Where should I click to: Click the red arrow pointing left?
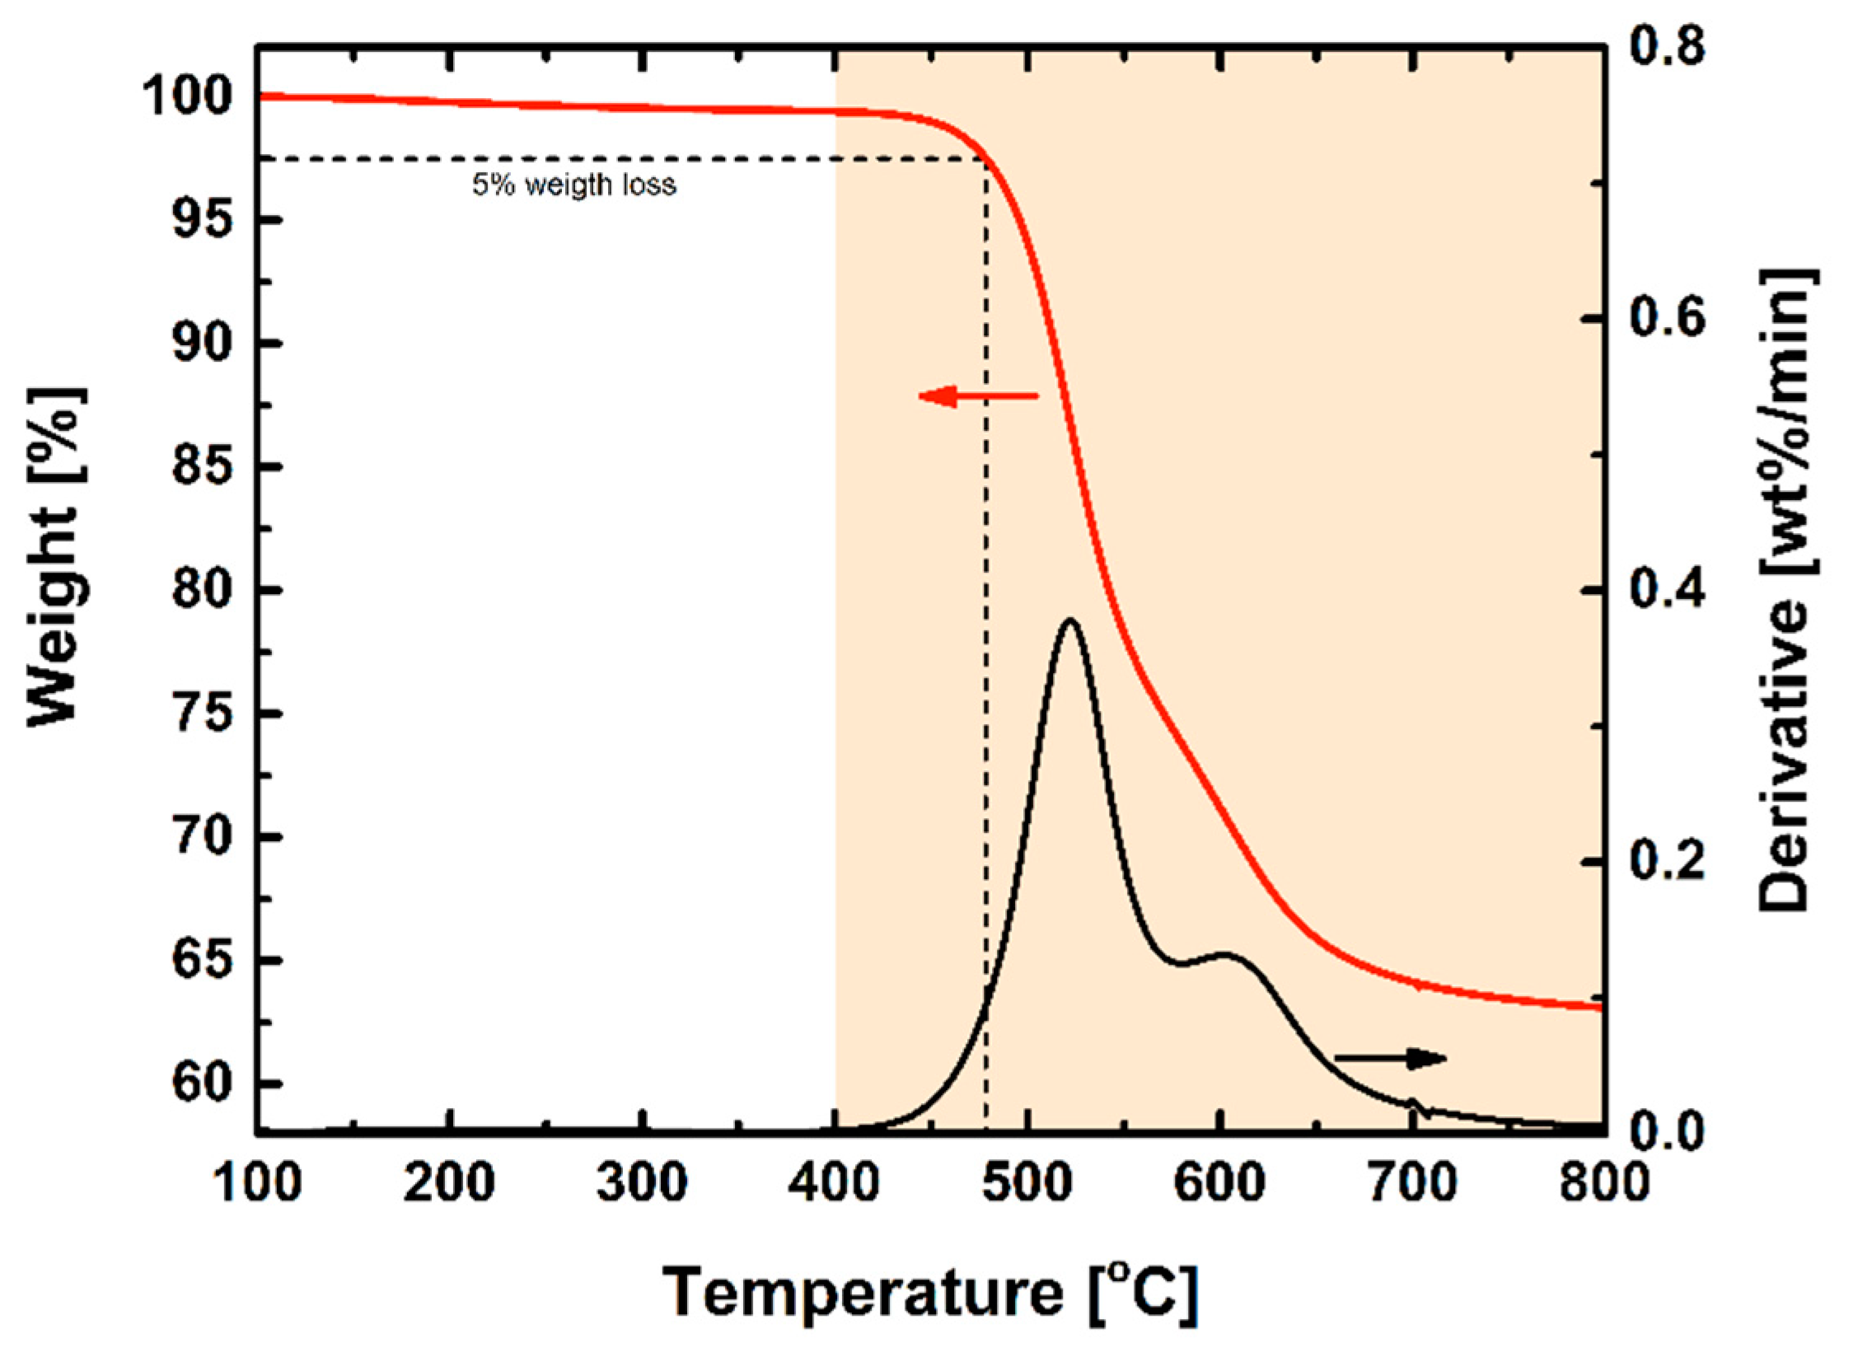pos(977,396)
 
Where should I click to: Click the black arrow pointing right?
pos(1390,1058)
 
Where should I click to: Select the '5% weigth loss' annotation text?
pos(573,185)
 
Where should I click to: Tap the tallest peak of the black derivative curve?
pos(1069,620)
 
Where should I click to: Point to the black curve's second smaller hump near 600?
pos(1225,955)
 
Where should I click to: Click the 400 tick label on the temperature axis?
pos(835,1183)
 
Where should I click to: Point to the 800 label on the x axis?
pos(1603,1183)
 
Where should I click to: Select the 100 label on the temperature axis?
pos(258,1183)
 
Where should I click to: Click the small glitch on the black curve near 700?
pos(1414,1104)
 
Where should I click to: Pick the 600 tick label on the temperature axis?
pos(1220,1183)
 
